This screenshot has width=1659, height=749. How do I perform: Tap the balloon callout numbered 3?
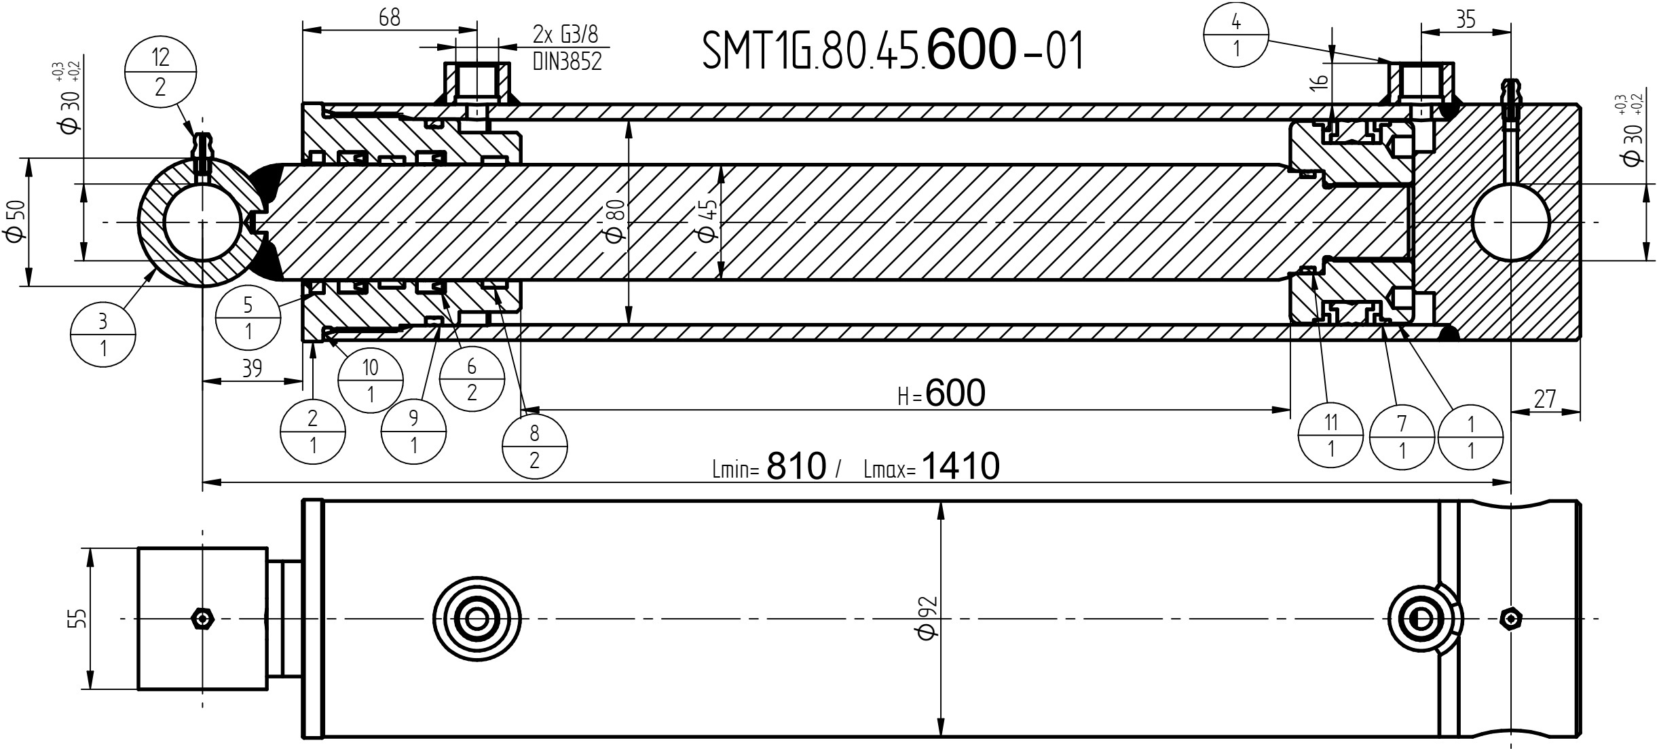click(103, 334)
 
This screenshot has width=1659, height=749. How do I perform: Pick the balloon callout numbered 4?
click(1236, 36)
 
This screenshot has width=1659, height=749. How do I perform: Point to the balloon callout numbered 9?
click(414, 431)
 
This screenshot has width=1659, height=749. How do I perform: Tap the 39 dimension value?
click(252, 368)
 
